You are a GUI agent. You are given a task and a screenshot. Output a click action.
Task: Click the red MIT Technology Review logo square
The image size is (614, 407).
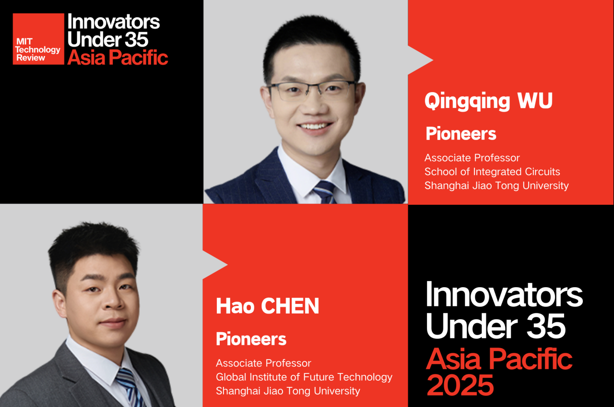click(x=38, y=39)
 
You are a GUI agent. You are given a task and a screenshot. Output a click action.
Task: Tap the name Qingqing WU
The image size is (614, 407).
click(x=488, y=102)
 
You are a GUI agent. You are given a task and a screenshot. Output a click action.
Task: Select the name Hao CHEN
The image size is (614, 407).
click(x=268, y=306)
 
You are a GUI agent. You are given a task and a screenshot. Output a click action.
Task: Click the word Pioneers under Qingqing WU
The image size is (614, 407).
click(x=461, y=134)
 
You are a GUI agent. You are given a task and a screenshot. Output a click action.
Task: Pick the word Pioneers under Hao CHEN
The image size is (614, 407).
click(x=251, y=339)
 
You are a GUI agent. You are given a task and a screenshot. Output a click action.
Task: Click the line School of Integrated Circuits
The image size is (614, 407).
click(x=492, y=172)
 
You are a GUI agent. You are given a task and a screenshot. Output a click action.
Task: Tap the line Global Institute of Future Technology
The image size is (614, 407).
click(x=304, y=377)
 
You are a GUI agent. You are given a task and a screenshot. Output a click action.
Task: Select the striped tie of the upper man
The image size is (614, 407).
click(x=325, y=192)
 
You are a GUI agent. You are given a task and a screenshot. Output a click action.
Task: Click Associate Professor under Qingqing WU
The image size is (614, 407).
click(x=472, y=158)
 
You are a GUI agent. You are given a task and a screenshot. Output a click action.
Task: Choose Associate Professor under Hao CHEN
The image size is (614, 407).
click(x=263, y=363)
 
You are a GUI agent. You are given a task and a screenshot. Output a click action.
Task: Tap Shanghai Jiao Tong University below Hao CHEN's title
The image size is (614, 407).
click(x=288, y=391)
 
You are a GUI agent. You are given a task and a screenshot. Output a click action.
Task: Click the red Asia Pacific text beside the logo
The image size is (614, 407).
click(x=118, y=58)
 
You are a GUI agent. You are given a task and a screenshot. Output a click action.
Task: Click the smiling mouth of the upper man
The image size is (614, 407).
click(x=315, y=127)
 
